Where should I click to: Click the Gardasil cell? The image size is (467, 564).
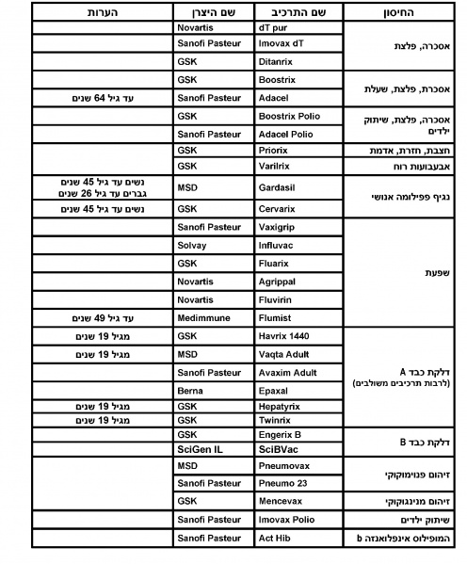[278, 188]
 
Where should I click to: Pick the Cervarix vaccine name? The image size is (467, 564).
[278, 208]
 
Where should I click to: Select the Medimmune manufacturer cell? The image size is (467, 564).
[202, 318]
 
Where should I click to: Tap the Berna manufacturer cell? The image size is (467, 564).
[190, 390]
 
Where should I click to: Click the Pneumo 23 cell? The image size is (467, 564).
[284, 482]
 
